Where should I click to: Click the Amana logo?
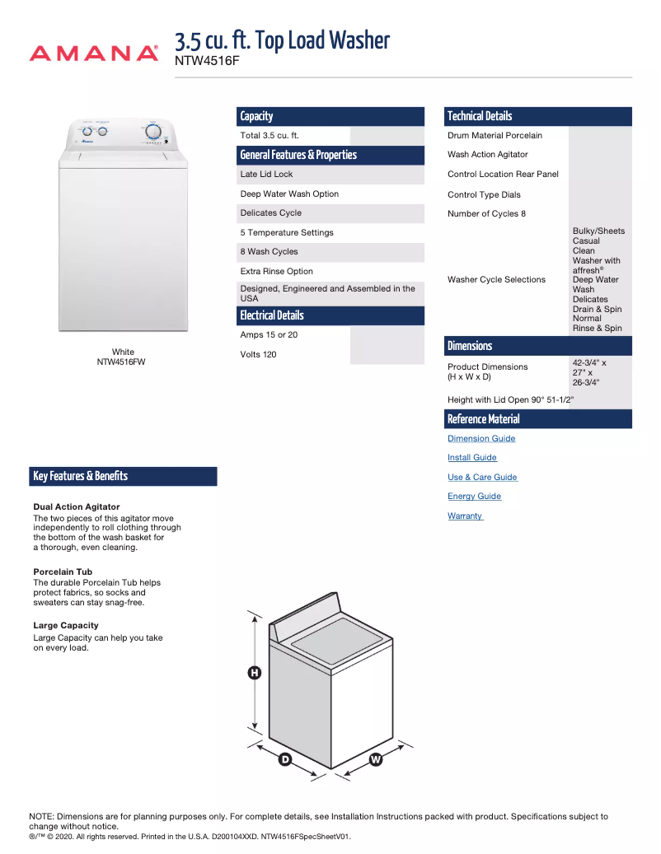(93, 54)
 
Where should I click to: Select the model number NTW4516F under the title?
(207, 60)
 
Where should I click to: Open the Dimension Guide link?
(481, 439)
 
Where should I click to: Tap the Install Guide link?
(472, 458)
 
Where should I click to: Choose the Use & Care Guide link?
(482, 478)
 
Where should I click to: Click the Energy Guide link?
(474, 497)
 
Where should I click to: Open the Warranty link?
(465, 516)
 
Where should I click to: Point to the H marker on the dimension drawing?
(255, 674)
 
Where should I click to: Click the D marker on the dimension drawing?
(285, 759)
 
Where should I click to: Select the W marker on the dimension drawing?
(376, 759)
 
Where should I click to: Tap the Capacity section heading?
(256, 116)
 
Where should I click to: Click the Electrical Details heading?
(272, 315)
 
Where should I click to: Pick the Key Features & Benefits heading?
(81, 476)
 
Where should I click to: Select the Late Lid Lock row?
(266, 175)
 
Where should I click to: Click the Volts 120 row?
(258, 355)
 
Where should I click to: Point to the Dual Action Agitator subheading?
(77, 506)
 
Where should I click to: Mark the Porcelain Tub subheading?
(63, 572)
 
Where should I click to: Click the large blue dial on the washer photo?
(153, 131)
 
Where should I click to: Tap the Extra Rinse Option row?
(276, 271)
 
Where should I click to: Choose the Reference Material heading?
(483, 419)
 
